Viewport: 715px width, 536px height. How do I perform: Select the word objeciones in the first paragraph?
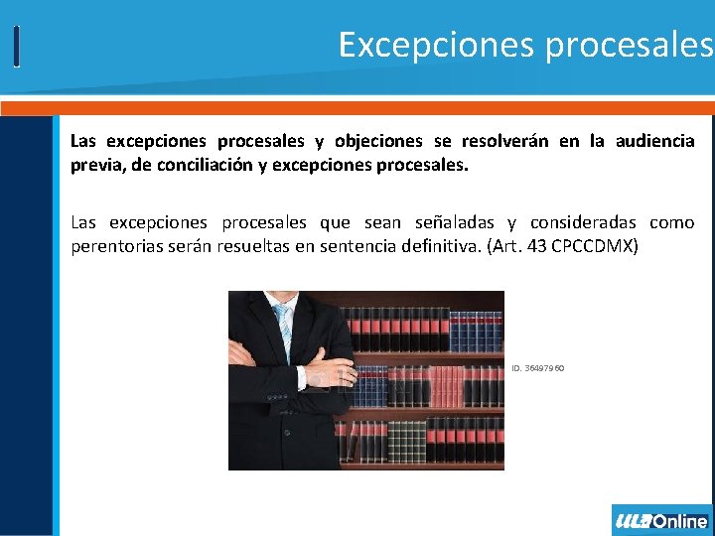click(x=378, y=141)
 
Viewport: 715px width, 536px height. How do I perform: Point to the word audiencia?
click(x=654, y=141)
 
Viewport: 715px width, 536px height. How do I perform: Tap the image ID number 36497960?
click(x=538, y=368)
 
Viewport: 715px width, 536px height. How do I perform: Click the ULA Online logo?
click(x=661, y=520)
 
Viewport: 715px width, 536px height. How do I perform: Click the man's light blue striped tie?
click(x=284, y=327)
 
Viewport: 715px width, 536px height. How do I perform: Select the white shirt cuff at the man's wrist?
click(x=302, y=377)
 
